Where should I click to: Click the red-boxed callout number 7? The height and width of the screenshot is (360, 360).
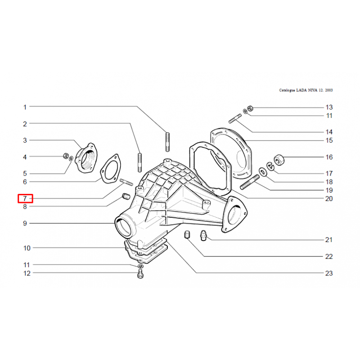[x=25, y=198]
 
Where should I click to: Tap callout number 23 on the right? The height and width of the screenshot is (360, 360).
[x=329, y=273]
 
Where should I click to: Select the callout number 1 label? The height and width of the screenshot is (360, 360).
[x=25, y=107]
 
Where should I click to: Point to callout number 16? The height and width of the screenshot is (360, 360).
[x=329, y=157]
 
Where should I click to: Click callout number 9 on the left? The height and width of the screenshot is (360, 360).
[x=25, y=223]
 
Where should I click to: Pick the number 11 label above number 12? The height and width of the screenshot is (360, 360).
[x=27, y=265]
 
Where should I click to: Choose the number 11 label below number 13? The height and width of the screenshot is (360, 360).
[x=329, y=116]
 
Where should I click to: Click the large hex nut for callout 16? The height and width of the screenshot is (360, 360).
[x=279, y=160]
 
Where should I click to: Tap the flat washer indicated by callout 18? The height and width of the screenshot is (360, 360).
[x=263, y=172]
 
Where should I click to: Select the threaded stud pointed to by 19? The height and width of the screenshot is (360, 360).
[x=250, y=182]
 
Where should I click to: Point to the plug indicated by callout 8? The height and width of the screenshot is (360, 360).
[x=126, y=197]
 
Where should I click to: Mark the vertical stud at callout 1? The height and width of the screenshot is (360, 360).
[x=167, y=142]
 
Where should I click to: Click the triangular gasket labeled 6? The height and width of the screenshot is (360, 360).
[x=110, y=169]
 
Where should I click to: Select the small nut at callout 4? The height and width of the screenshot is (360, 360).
[x=66, y=156]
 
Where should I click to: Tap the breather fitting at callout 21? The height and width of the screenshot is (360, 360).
[x=203, y=235]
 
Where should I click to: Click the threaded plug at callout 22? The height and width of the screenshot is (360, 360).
[x=187, y=234]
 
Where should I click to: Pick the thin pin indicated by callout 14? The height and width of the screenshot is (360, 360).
[x=235, y=118]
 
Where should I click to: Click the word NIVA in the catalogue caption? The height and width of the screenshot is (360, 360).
[x=311, y=90]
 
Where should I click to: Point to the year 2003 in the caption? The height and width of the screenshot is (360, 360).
[x=329, y=90]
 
